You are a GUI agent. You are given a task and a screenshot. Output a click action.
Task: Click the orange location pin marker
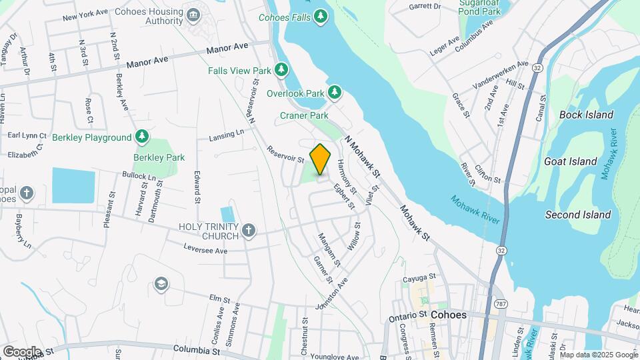321,159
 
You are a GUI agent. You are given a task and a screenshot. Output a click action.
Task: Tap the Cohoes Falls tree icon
321,15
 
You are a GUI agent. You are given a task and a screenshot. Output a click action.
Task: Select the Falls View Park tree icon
282,69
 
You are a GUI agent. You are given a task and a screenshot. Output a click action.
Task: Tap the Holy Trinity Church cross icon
248,231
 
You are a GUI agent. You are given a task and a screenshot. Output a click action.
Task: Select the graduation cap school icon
160,285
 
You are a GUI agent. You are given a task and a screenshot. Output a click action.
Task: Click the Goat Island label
570,161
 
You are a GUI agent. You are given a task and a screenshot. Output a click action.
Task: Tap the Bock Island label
586,115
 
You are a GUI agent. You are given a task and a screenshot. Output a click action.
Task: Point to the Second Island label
578,215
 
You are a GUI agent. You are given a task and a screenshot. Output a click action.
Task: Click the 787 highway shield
499,304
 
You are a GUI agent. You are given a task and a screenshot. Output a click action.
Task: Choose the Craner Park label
303,115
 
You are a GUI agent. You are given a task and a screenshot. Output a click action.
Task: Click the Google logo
22,351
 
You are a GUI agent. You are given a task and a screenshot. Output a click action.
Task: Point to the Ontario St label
407,315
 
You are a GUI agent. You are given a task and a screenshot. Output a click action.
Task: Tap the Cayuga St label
419,277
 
